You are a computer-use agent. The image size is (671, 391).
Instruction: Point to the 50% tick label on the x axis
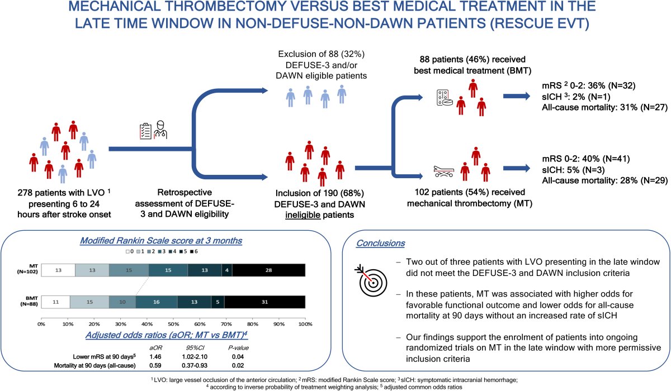coord(173,323)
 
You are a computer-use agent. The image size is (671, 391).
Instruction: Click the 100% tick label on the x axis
coord(305,323)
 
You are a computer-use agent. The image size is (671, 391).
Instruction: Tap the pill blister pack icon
coord(443,99)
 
